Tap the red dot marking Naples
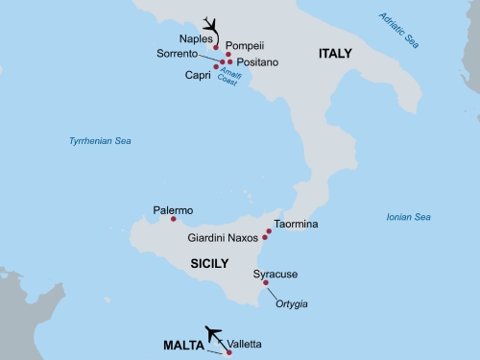(x=216, y=47)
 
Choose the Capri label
(x=197, y=74)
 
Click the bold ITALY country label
(x=335, y=55)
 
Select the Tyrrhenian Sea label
(x=100, y=141)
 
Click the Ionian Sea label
(x=408, y=217)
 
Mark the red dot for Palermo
(x=174, y=220)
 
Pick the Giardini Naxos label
(x=224, y=238)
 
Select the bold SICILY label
(x=208, y=262)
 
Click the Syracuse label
(x=276, y=274)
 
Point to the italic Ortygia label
(x=292, y=304)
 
